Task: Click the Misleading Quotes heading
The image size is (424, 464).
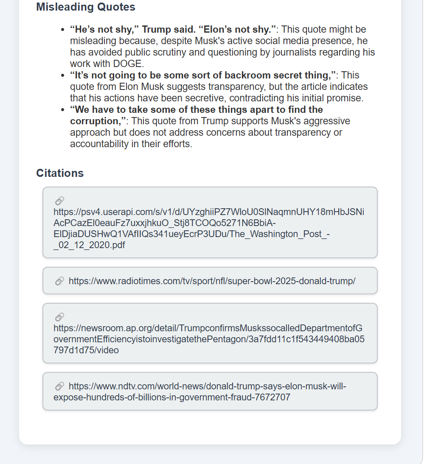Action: (86, 7)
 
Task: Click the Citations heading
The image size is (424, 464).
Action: (60, 173)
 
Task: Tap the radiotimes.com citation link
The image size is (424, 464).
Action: (212, 281)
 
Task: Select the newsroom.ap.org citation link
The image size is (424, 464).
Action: (208, 339)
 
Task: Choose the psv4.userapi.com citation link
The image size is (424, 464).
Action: (208, 228)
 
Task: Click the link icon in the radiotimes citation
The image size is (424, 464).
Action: (59, 281)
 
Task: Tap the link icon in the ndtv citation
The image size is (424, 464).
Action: (59, 386)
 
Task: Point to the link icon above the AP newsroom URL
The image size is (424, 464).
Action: (59, 317)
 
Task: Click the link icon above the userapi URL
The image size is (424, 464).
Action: (59, 201)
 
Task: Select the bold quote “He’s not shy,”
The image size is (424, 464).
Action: (104, 30)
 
